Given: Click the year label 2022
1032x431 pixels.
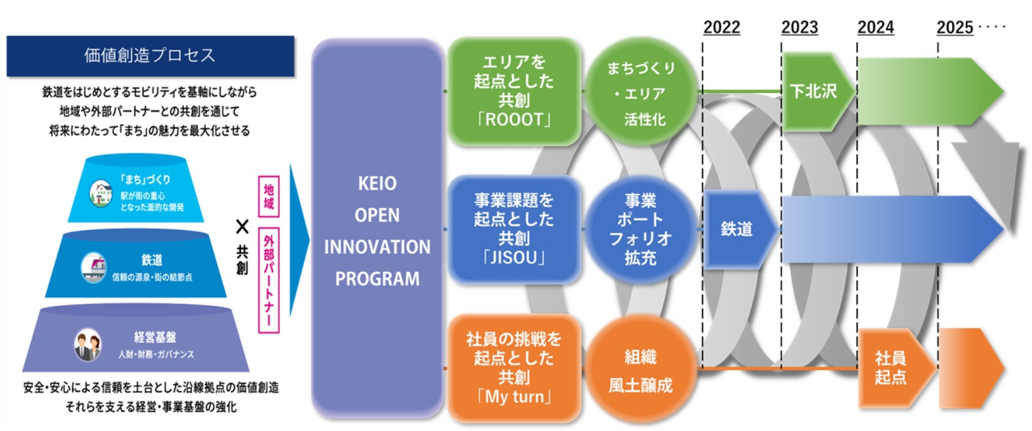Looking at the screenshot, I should (x=721, y=28).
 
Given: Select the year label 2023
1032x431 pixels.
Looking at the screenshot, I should (x=799, y=28).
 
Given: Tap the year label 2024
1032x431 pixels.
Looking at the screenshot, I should (x=875, y=28).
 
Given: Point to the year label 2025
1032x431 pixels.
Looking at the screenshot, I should (x=955, y=28).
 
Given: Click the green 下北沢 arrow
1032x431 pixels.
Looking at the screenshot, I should (x=816, y=91).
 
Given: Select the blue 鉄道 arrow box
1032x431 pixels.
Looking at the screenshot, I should (x=738, y=229).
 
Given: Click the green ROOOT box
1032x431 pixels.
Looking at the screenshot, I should (x=514, y=91).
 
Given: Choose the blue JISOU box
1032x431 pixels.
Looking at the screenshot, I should (x=514, y=229).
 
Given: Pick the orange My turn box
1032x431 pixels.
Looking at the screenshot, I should (x=514, y=367).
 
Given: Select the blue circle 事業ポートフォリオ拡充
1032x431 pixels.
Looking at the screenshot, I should (x=640, y=229).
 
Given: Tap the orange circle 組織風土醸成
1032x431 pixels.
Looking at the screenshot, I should (x=640, y=370).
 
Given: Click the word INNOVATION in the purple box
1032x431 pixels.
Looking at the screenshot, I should (x=377, y=247).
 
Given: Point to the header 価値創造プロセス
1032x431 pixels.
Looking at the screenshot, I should (x=150, y=55).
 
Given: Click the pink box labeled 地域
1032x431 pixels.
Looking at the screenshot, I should (x=269, y=197).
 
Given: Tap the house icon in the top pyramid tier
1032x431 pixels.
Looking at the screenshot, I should (x=101, y=193).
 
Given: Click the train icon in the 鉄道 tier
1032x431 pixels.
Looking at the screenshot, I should (x=94, y=267).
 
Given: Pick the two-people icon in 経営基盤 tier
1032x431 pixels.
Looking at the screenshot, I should (x=87, y=345).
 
